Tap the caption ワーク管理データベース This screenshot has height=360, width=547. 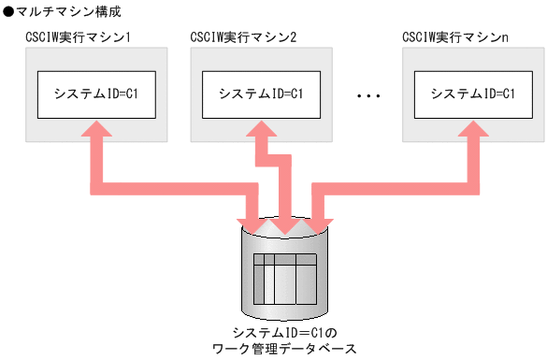coord(285,349)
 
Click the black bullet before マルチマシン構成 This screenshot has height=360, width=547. coord(7,12)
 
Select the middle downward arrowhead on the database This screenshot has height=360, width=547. coord(284,225)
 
